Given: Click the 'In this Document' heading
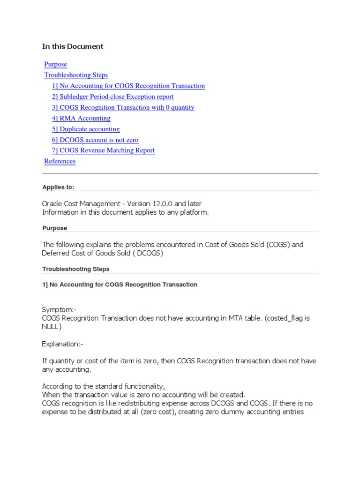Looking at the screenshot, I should tap(73, 46).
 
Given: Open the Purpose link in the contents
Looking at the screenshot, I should tap(55, 64).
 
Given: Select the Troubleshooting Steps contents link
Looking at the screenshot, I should tap(76, 75).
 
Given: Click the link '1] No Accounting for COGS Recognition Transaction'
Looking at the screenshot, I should tap(128, 86).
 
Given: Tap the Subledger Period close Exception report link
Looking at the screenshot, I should tap(113, 97).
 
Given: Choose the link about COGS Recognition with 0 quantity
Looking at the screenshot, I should tap(123, 107).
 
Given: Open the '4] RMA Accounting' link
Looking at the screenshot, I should tap(81, 118).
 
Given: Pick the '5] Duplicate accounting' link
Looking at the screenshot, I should tap(86, 129).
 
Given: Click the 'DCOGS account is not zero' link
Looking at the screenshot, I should tap(95, 140).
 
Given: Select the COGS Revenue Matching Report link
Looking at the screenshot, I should tap(103, 150).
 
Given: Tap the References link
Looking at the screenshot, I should tap(60, 161).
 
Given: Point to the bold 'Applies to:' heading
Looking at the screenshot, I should tap(58, 187).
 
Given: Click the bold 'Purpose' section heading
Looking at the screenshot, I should tap(54, 228).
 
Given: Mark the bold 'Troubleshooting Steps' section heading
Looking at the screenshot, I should tap(76, 269).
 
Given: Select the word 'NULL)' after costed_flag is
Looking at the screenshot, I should tap(52, 327).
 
